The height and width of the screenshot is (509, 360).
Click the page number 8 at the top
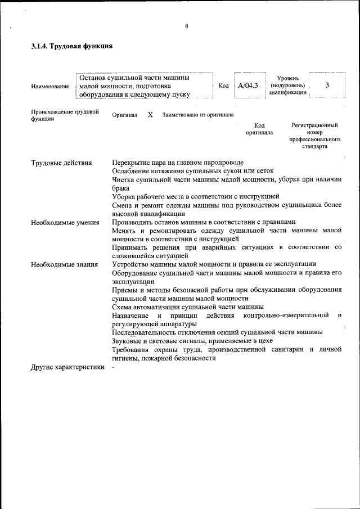(x=186, y=25)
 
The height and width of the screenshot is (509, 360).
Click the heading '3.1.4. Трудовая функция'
(x=72, y=47)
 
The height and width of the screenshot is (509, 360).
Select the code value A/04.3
(x=247, y=85)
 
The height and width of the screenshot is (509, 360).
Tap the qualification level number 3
(x=327, y=85)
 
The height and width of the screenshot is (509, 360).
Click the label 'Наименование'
(x=51, y=86)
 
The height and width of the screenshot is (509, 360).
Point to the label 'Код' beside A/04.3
(x=223, y=85)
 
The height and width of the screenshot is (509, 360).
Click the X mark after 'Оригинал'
(x=150, y=115)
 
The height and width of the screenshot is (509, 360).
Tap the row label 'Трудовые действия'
(x=61, y=163)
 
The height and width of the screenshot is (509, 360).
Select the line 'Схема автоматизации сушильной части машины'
(x=188, y=307)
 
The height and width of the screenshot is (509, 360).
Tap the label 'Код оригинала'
(x=259, y=129)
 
